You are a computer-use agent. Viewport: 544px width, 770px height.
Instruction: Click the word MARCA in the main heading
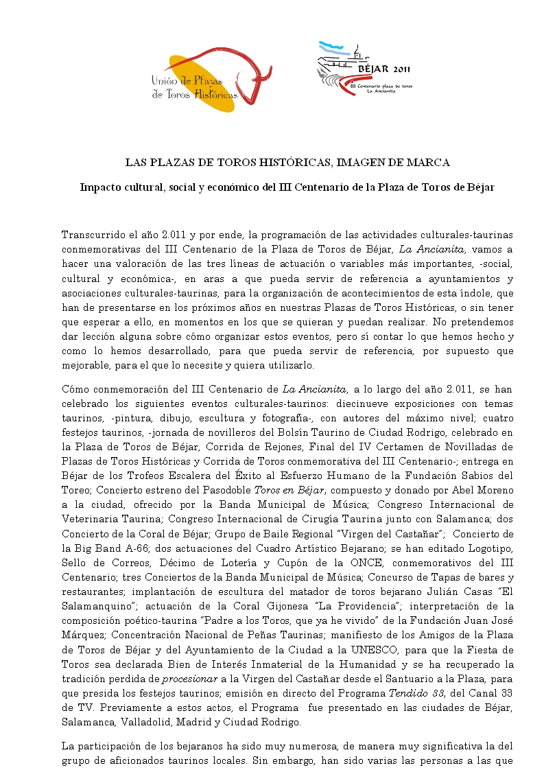click(x=431, y=163)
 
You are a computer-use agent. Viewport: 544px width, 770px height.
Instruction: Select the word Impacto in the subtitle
click(x=100, y=187)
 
